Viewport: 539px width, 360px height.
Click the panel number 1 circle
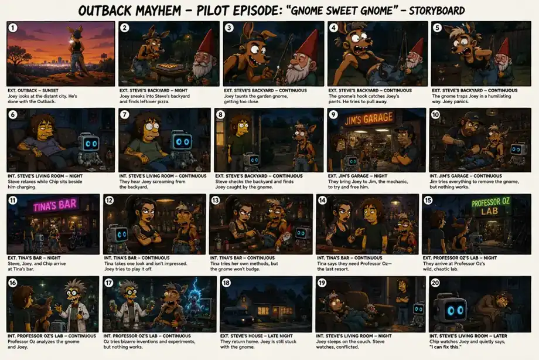coord(13,28)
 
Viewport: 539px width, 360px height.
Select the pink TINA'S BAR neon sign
coord(54,205)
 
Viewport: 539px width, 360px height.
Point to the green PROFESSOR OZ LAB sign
coord(490,206)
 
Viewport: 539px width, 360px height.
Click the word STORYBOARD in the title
coord(436,11)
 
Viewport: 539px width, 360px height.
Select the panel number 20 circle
coord(435,283)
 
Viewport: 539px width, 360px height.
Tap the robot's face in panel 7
coord(183,141)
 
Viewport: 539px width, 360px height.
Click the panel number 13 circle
coord(216,201)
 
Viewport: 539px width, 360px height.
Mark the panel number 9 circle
coord(333,114)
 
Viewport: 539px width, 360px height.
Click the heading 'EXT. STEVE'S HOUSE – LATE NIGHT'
coord(257,336)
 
